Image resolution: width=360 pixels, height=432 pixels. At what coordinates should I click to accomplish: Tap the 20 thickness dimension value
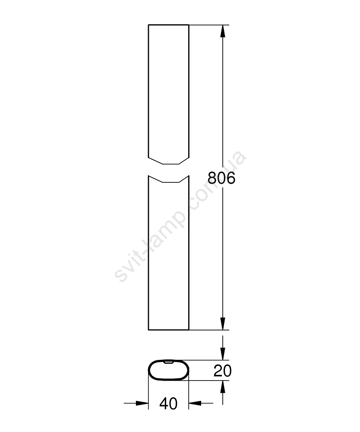point(223,371)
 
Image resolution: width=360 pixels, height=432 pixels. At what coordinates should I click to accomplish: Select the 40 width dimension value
point(168,403)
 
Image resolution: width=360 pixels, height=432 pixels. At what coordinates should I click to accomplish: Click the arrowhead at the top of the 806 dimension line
point(223,31)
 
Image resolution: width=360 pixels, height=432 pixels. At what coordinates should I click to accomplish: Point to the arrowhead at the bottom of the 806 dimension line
point(223,324)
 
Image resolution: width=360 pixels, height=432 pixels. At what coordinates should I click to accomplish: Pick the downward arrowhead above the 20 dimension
point(223,354)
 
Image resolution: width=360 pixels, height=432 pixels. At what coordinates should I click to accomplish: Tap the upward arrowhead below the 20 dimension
point(223,387)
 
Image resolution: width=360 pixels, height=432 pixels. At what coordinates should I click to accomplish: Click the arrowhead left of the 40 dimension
point(142,403)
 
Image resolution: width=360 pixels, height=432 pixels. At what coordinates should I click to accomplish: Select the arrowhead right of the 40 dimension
point(195,403)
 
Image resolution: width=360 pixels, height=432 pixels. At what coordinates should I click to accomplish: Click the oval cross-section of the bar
point(149,370)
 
